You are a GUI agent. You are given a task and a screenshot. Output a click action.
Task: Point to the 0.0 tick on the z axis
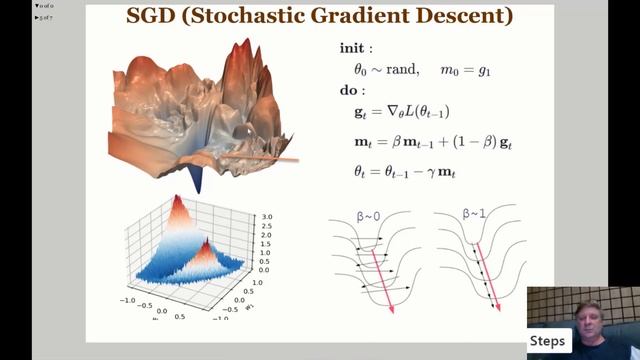tap(264, 270)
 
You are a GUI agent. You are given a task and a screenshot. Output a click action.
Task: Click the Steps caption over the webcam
tap(548, 341)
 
